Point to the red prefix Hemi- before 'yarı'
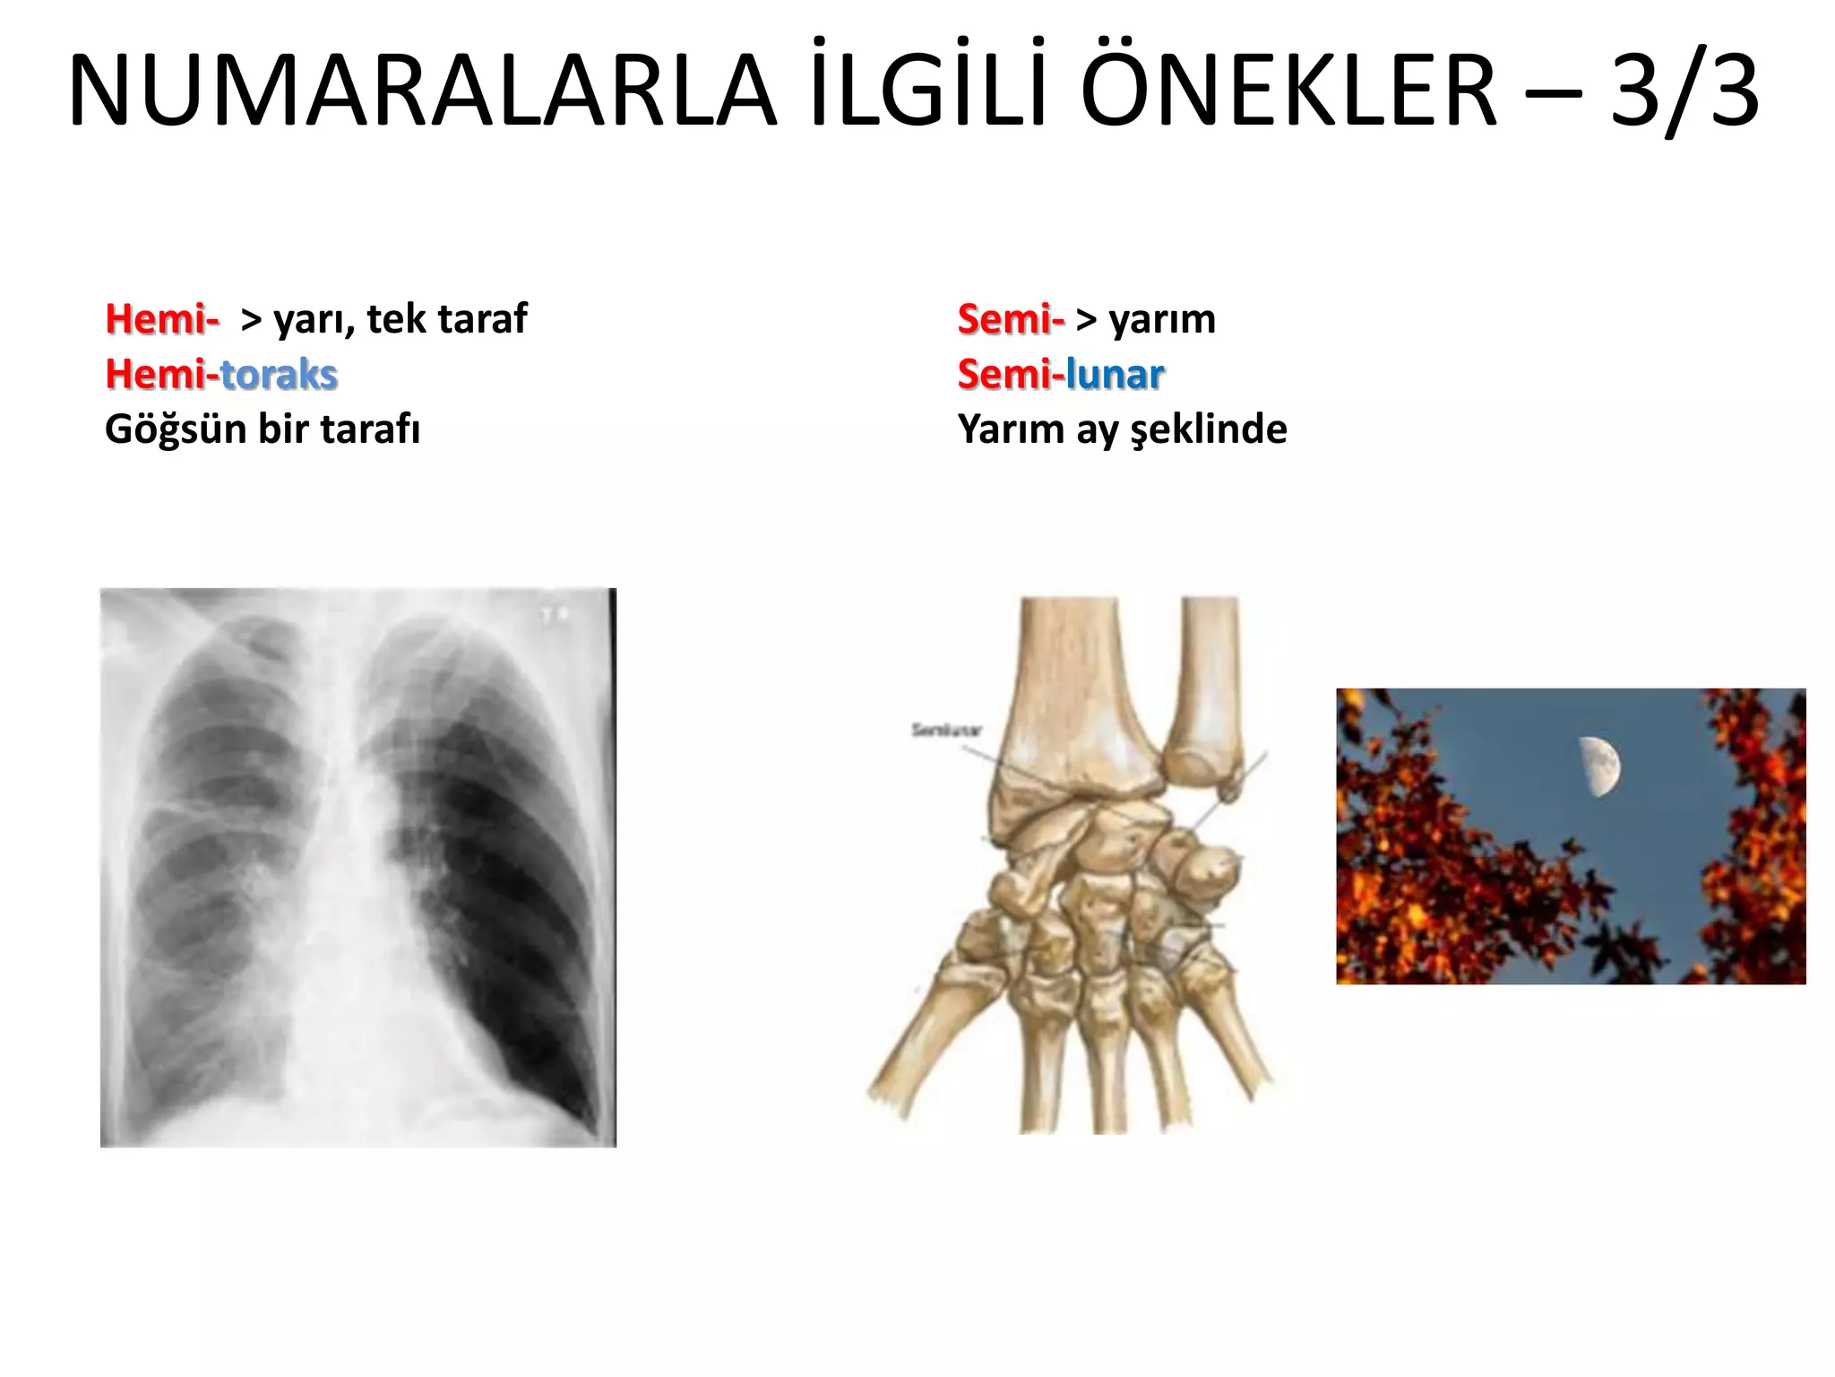162,319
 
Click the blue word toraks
279,374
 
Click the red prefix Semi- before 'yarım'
1011,319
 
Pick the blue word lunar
1115,374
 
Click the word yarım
1162,319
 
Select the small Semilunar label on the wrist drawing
947,730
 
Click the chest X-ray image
358,867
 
